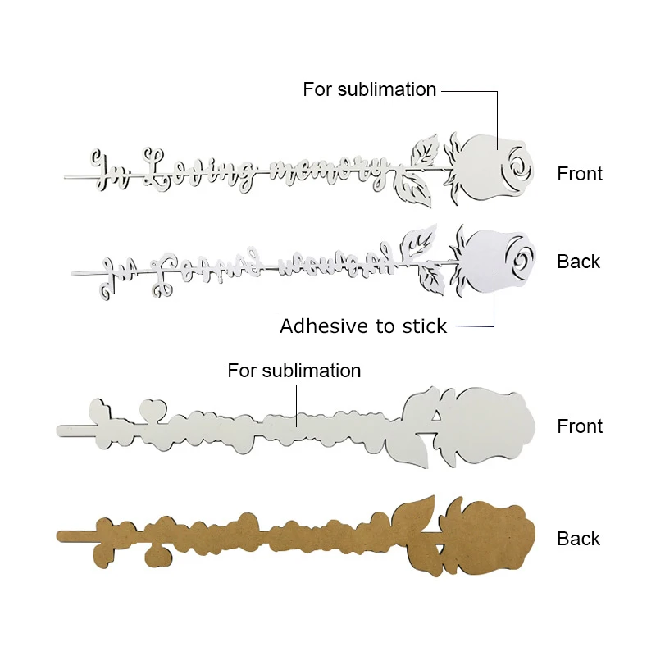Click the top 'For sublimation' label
point(369,89)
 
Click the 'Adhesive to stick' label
point(363,326)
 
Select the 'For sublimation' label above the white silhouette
point(294,371)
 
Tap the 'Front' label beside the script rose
point(580,174)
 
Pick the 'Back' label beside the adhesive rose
point(579,262)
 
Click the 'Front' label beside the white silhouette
point(580,426)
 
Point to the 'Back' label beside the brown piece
point(579,539)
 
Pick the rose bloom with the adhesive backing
point(492,262)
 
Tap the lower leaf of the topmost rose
point(414,190)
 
